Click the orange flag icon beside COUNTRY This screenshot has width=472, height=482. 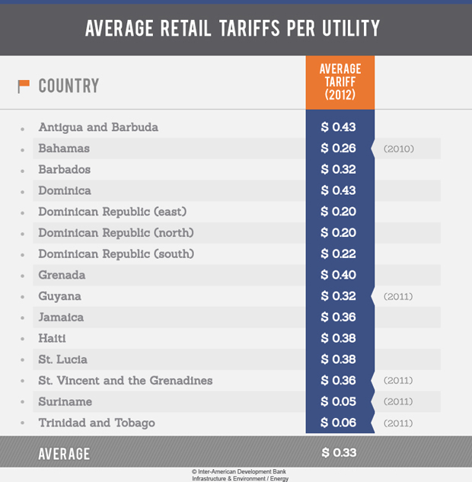(x=24, y=86)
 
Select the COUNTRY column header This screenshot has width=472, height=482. (x=69, y=86)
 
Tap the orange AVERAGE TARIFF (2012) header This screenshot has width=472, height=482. (x=340, y=82)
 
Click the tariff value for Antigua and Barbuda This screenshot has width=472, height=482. (x=339, y=127)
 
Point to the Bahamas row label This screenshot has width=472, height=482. (x=64, y=148)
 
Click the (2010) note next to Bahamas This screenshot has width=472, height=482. (x=399, y=149)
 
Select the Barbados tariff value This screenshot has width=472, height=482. (x=339, y=170)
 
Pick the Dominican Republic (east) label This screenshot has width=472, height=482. (x=112, y=212)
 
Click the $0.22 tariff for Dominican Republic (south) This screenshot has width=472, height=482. (x=339, y=254)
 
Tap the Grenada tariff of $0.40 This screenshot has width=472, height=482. (x=339, y=275)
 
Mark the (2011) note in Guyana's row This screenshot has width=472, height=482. (x=399, y=296)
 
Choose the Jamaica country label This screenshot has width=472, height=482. (x=61, y=317)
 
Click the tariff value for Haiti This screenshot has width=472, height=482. (x=339, y=338)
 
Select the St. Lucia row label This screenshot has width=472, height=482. (x=62, y=359)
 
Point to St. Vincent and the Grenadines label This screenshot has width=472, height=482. (x=125, y=380)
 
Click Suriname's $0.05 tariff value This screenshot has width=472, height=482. (x=339, y=401)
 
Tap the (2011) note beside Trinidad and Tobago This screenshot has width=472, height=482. (x=399, y=423)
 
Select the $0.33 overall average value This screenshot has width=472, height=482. (x=339, y=453)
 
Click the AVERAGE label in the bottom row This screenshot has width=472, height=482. (x=64, y=455)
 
